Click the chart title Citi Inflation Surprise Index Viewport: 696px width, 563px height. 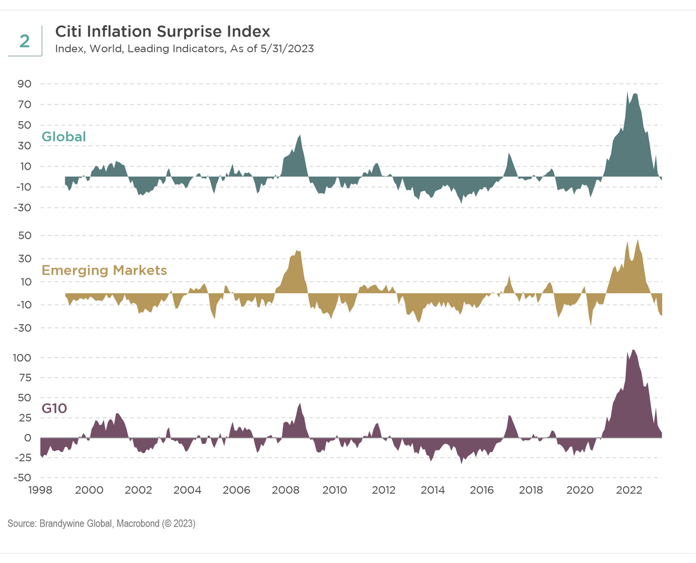163,32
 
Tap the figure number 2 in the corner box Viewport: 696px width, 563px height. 24,41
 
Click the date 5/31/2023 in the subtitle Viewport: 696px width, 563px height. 287,48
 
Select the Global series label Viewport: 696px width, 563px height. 64,137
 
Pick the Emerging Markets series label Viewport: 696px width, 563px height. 104,270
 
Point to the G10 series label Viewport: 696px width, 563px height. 54,408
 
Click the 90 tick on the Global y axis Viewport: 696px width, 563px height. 25,84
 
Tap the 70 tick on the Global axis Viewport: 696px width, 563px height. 25,104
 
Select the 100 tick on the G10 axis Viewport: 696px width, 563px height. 22,358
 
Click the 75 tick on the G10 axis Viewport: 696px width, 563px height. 25,378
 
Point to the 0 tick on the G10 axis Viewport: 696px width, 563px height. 28,438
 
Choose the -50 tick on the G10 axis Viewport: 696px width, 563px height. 23,478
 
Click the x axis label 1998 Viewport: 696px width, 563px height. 40,490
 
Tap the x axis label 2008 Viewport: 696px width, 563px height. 285,490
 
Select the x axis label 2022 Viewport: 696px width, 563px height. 629,490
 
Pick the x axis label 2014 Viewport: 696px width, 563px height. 433,490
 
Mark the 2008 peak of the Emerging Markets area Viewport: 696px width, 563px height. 297,251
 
